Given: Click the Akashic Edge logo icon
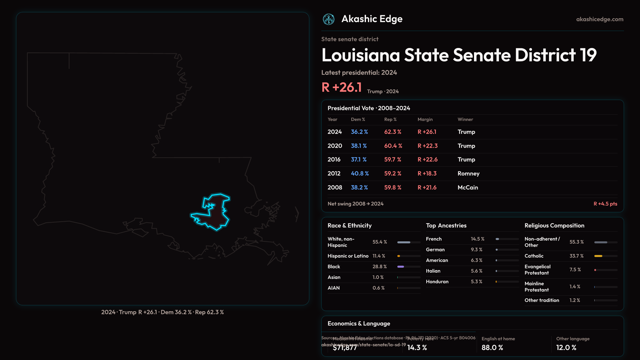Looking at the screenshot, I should pyautogui.click(x=328, y=19).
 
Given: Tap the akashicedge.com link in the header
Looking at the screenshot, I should pyautogui.click(x=599, y=19).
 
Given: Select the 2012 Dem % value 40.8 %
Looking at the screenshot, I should pyautogui.click(x=360, y=174).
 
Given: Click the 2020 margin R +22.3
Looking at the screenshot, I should pyautogui.click(x=427, y=146).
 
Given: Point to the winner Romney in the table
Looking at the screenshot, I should pyautogui.click(x=468, y=174).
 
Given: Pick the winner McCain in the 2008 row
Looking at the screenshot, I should pyautogui.click(x=468, y=188).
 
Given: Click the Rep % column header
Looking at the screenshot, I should pyautogui.click(x=390, y=119).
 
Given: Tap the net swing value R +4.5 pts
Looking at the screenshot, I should pyautogui.click(x=605, y=204).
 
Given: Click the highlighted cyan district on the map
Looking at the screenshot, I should pyautogui.click(x=215, y=213).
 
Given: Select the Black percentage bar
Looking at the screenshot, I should pyautogui.click(x=401, y=267).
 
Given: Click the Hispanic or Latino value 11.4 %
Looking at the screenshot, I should pyautogui.click(x=379, y=256).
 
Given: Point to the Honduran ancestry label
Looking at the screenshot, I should pyautogui.click(x=437, y=282).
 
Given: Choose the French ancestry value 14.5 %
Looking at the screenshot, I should pyautogui.click(x=477, y=239).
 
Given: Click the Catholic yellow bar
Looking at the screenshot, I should pyautogui.click(x=598, y=256).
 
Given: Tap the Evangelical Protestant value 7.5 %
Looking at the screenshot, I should pyautogui.click(x=575, y=270).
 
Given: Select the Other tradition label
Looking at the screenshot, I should pyautogui.click(x=542, y=300).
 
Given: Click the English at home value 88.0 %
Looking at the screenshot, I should pyautogui.click(x=492, y=348).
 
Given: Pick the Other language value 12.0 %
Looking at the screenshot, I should pyautogui.click(x=566, y=348).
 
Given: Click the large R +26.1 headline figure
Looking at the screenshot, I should pyautogui.click(x=341, y=87).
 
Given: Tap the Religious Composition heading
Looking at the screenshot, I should pyautogui.click(x=554, y=226).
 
